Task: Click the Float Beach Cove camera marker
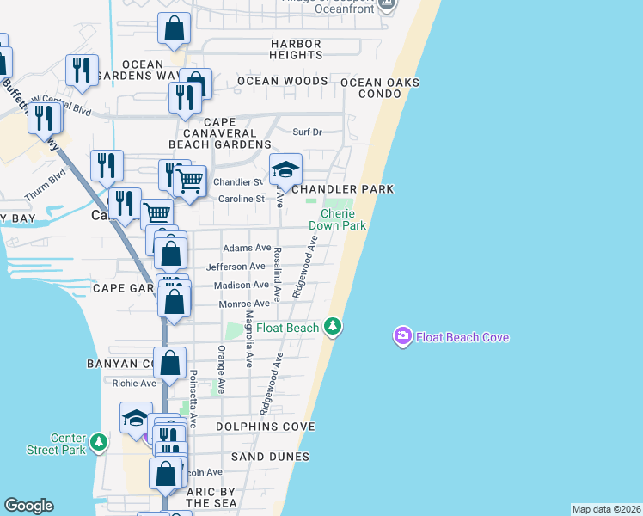point(402,336)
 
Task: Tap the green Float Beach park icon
point(334,327)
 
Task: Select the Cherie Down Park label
point(344,219)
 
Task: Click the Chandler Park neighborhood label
point(342,189)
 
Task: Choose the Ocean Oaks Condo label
point(380,88)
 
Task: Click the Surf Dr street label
point(307,132)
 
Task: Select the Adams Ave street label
point(247,248)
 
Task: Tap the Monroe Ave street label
point(244,304)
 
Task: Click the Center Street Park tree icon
point(100,443)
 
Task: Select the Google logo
point(28,506)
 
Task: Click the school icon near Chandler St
point(286,169)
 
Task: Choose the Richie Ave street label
point(135,384)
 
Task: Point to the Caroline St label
point(240,199)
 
